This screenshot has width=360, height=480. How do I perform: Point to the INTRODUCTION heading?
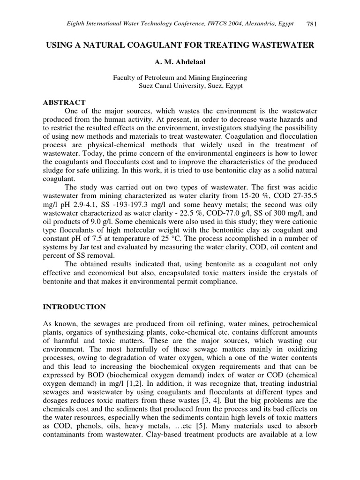[75, 307]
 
